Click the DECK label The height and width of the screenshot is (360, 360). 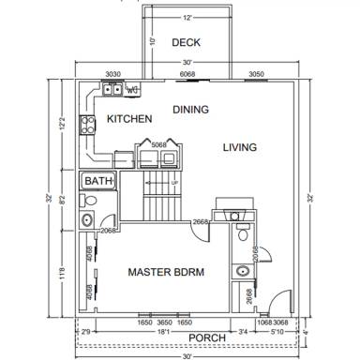[x=187, y=43]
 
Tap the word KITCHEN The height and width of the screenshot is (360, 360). [x=129, y=119]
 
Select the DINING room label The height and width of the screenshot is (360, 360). [x=191, y=109]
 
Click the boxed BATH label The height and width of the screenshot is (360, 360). [x=97, y=180]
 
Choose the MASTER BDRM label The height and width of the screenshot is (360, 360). [x=166, y=272]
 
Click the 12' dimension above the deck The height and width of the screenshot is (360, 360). [x=187, y=18]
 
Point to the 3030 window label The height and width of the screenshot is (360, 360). [x=112, y=73]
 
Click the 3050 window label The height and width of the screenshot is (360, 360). [x=255, y=73]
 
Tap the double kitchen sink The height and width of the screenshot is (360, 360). [x=112, y=90]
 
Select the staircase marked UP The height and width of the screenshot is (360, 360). [x=161, y=197]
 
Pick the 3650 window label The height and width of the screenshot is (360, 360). [x=163, y=322]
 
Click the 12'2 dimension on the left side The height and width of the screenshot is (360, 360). [x=64, y=123]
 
